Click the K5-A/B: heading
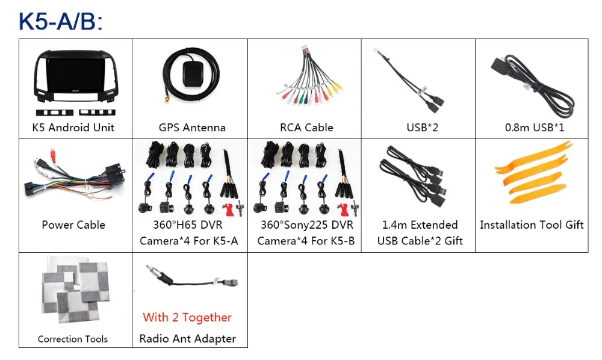point(61,21)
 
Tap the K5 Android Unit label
point(73,128)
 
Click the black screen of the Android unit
point(75,76)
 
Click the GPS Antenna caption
point(192,128)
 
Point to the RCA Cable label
point(306,128)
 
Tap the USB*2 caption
point(422,128)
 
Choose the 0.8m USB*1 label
point(535,128)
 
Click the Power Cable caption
point(73,225)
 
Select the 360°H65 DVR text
point(188,225)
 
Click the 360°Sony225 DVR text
point(307,225)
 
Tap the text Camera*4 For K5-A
point(189,241)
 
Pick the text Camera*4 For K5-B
point(306,241)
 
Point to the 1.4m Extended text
point(420,225)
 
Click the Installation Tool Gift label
point(532,225)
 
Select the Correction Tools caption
point(73,339)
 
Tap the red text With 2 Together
point(187,317)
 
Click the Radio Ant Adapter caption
point(187,338)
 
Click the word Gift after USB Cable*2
point(454,241)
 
